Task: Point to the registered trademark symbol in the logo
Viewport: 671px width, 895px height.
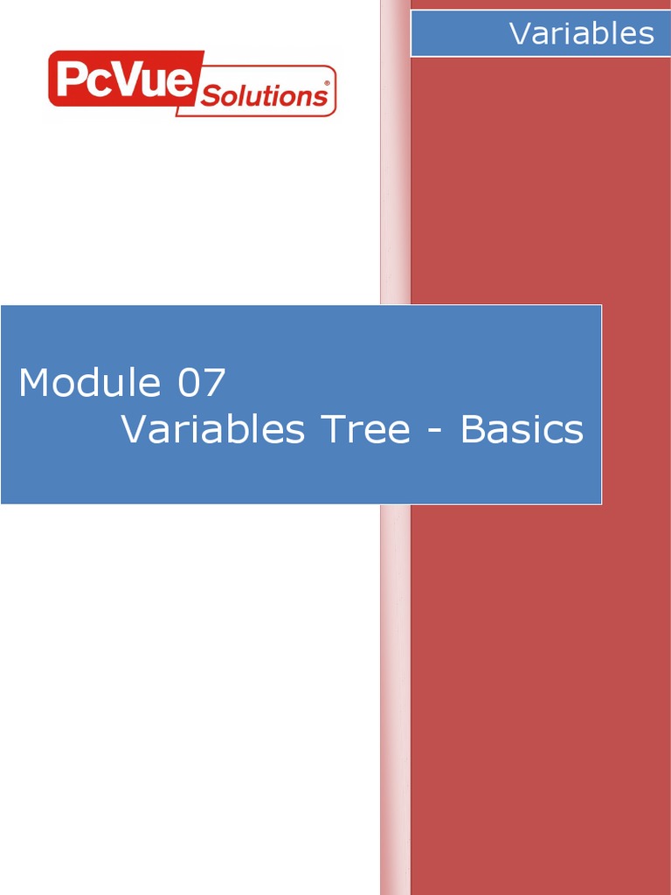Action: (327, 83)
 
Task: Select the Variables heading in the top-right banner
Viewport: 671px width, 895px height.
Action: (581, 33)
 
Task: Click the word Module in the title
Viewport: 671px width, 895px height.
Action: (90, 382)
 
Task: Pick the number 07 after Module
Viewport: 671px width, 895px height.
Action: (202, 383)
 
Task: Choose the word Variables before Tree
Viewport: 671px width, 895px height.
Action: (212, 429)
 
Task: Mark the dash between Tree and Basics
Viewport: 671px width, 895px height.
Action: (435, 432)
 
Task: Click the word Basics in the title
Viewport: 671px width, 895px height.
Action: (522, 429)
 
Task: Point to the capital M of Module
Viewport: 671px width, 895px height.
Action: (33, 383)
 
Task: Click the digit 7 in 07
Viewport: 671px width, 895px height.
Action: (215, 383)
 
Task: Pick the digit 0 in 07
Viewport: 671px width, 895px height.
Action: (189, 383)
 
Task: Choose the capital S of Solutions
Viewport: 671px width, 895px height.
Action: (209, 96)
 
